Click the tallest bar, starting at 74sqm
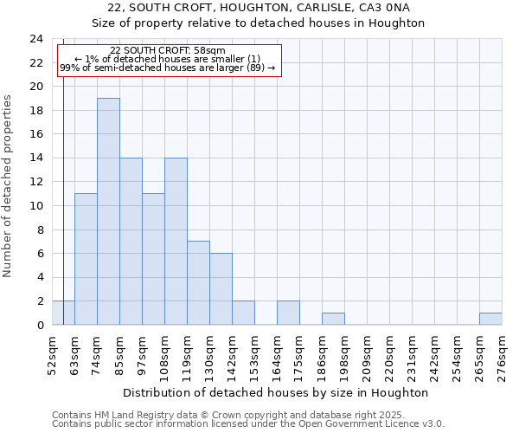[x=108, y=211]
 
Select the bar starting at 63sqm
[x=86, y=259]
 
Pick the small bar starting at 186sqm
[x=333, y=319]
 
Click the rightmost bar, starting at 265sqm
[x=490, y=319]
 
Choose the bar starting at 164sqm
[x=288, y=313]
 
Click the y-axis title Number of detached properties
[x=8, y=186]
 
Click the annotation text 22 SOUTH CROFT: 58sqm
[x=168, y=51]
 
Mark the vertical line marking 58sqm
[x=63, y=191]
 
